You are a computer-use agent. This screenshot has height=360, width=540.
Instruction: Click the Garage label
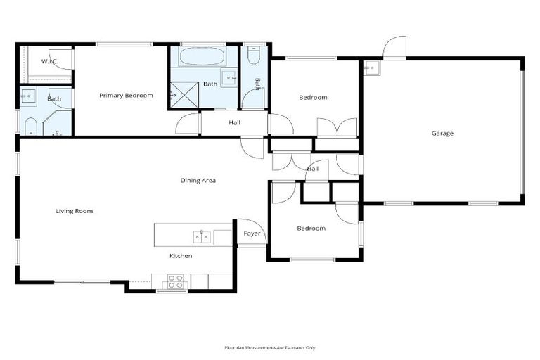click(442, 133)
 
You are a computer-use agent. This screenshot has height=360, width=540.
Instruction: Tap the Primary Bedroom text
click(126, 96)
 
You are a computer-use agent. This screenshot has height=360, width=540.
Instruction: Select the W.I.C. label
click(49, 61)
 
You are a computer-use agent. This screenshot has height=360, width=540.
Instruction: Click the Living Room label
click(75, 211)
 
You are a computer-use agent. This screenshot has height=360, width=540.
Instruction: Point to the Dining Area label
click(198, 181)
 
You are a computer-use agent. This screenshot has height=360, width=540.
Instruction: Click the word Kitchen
click(181, 256)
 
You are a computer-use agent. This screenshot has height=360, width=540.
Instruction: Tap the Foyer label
click(252, 233)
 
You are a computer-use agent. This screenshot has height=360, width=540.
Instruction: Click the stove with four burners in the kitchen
click(175, 281)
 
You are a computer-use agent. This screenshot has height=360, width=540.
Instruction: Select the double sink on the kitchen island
click(202, 236)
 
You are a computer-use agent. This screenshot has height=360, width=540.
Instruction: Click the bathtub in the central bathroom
click(202, 56)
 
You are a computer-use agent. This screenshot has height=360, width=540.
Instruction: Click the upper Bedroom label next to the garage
click(313, 98)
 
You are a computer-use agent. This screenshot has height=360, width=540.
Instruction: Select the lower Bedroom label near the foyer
click(311, 229)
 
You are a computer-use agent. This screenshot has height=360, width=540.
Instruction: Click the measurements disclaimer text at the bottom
click(269, 347)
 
